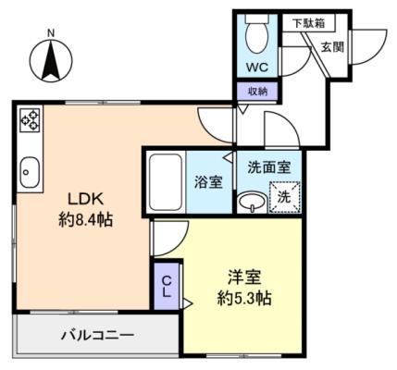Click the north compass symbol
click(x=51, y=58)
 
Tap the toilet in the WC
click(x=257, y=33)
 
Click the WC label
click(x=257, y=68)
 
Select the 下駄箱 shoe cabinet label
click(x=308, y=23)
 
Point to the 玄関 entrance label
click(x=332, y=47)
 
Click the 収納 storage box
click(x=258, y=92)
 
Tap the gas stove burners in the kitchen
click(x=30, y=120)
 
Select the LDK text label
click(x=85, y=200)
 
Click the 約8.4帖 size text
click(x=86, y=220)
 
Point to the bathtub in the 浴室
click(x=165, y=182)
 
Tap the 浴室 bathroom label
click(x=208, y=182)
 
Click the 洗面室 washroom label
click(x=269, y=167)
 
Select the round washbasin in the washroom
click(x=253, y=203)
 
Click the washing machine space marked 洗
click(x=285, y=197)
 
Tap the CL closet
click(x=167, y=287)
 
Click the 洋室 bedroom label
click(x=244, y=277)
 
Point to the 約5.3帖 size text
click(x=244, y=298)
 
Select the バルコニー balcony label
click(x=97, y=336)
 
